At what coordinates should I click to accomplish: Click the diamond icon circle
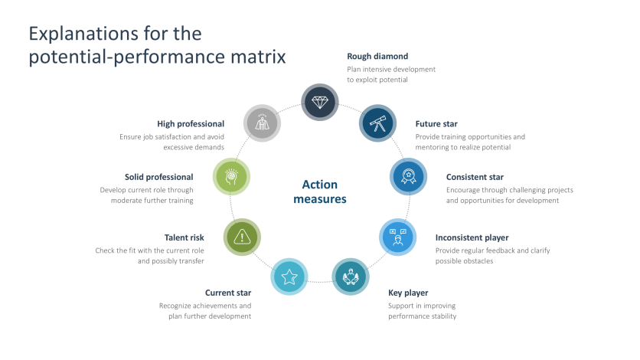click(320, 102)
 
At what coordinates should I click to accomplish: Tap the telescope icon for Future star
click(377, 123)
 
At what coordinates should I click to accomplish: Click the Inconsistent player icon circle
click(397, 237)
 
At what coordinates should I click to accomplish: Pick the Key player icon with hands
click(351, 277)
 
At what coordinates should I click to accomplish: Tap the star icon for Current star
click(289, 277)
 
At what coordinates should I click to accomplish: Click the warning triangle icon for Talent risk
click(242, 237)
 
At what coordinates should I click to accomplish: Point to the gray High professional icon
click(262, 123)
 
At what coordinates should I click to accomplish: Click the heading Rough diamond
click(377, 56)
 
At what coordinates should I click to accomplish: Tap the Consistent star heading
click(475, 177)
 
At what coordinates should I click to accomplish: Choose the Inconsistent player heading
click(472, 237)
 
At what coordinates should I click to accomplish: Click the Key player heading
click(408, 293)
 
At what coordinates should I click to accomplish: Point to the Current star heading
click(228, 293)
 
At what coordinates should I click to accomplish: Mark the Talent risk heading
click(184, 237)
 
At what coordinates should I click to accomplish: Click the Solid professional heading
click(159, 177)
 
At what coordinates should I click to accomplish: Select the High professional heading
click(191, 124)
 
